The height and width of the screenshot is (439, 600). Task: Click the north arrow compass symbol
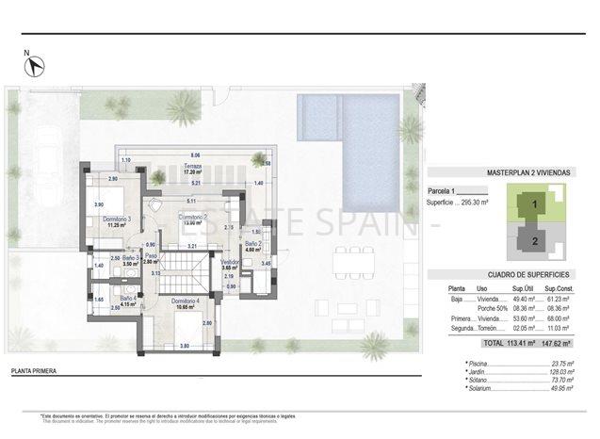pyautogui.click(x=35, y=66)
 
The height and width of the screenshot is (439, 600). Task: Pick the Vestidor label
pyautogui.click(x=228, y=266)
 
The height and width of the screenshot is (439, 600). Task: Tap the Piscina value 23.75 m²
pyautogui.click(x=563, y=363)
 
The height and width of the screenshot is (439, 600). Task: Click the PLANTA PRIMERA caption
pyautogui.click(x=32, y=372)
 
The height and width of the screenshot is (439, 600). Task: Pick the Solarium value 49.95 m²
pyautogui.click(x=563, y=388)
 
